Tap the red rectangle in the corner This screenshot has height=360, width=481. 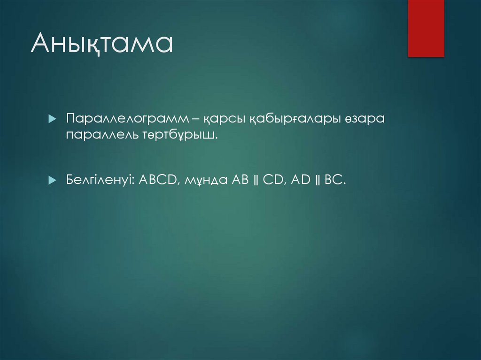426,28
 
